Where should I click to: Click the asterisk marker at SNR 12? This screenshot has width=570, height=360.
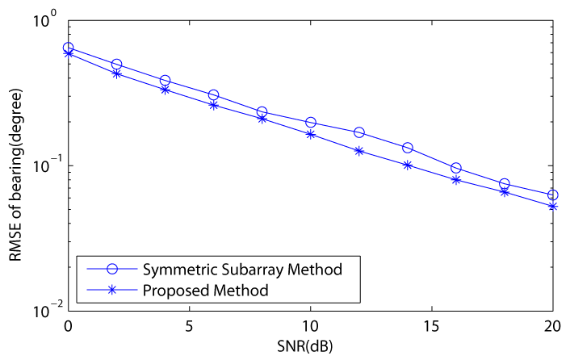point(359,151)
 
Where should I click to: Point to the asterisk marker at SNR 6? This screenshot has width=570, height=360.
point(214,106)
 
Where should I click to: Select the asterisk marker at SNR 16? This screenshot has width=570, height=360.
point(456,180)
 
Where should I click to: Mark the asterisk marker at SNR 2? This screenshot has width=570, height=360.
point(117,73)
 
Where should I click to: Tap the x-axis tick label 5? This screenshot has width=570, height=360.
point(190,327)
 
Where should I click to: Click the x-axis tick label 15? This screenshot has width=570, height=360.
point(431,327)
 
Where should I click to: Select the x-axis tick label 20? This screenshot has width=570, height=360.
point(552,327)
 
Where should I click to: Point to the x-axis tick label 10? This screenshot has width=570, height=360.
point(311,327)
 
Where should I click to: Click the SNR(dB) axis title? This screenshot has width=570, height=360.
point(304,346)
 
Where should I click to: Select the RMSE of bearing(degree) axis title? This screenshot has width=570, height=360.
point(15,175)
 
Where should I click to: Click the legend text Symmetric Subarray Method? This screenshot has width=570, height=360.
point(242,270)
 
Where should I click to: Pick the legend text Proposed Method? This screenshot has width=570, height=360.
point(206,291)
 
